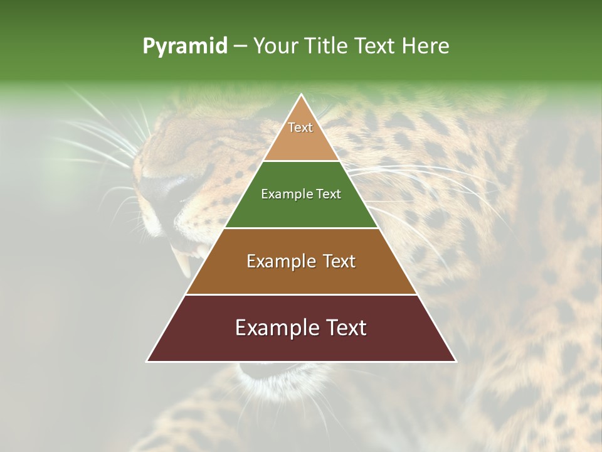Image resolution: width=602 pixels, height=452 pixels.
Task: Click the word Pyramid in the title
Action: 184,46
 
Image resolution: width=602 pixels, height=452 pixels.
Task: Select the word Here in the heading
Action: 425,46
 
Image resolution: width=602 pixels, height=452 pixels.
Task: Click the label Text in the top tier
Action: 300,127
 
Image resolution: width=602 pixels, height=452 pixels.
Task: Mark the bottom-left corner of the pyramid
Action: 147,361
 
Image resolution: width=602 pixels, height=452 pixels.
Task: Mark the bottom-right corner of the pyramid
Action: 456,361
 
